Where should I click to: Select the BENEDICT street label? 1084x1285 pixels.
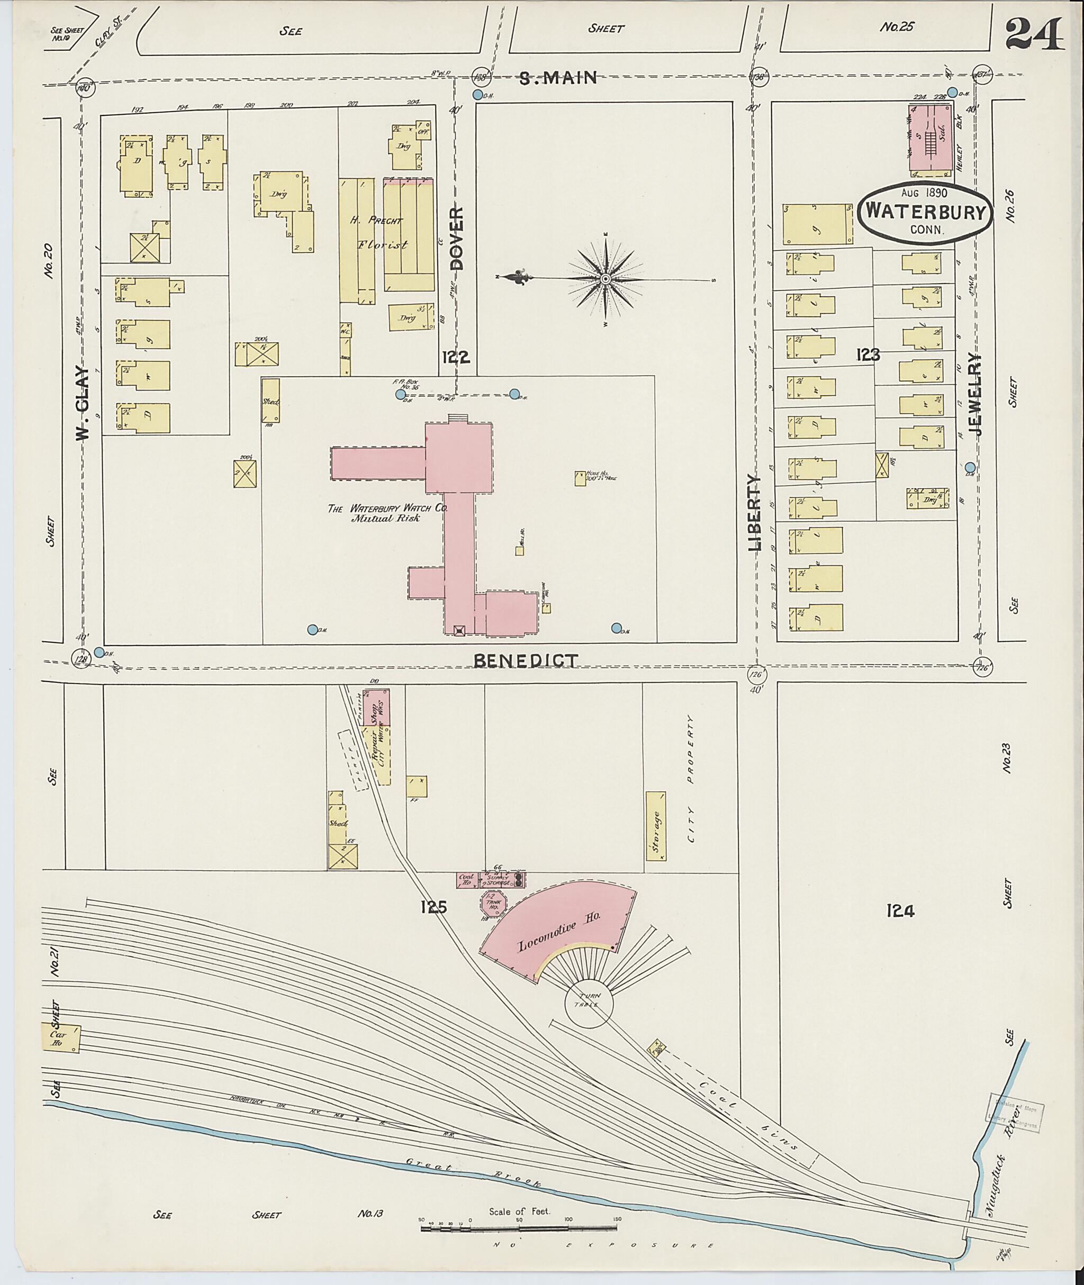click(526, 661)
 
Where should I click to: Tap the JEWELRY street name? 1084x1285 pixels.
click(975, 394)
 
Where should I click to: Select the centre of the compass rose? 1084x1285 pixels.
click(606, 279)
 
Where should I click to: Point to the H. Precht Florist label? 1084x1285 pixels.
click(378, 232)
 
